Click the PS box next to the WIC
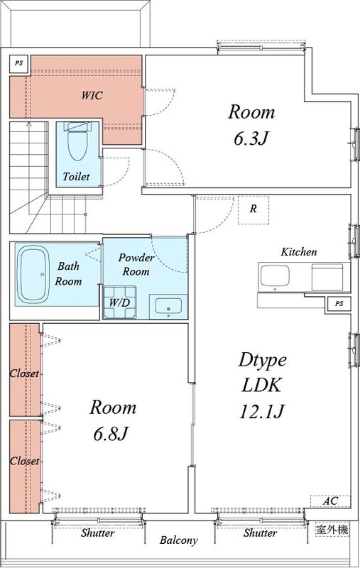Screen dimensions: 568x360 [18, 64]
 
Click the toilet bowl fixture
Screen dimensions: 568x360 [75, 143]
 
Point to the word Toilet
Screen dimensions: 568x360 [76, 176]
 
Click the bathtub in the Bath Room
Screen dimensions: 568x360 [34, 273]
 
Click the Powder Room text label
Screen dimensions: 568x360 [134, 264]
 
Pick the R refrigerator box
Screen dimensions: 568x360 [253, 209]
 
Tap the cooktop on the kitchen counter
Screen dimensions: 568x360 [327, 277]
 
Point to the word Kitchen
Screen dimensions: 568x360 [299, 251]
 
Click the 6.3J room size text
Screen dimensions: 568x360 [250, 138]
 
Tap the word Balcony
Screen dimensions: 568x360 [178, 540]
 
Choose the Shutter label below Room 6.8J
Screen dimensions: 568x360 [97, 532]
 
